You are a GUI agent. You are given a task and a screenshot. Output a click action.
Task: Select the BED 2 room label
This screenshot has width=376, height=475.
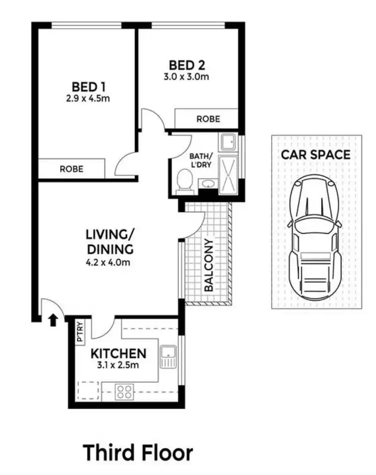[x=187, y=65]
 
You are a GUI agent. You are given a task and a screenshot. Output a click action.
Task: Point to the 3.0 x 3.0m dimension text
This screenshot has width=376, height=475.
[x=187, y=77]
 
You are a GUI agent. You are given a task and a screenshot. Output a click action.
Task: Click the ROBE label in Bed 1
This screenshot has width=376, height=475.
[x=72, y=169]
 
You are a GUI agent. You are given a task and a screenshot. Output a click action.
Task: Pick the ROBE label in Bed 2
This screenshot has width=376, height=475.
[x=208, y=119]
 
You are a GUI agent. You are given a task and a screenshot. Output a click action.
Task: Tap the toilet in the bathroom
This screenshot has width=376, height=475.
[x=185, y=181]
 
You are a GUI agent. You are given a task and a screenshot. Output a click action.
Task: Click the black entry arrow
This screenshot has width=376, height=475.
[x=53, y=320]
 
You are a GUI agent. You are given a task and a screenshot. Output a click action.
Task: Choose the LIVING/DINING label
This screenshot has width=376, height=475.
[x=110, y=242]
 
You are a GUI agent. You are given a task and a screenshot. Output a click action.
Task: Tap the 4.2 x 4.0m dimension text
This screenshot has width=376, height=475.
[x=110, y=262]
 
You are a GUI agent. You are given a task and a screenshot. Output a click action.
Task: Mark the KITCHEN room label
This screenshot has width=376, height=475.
[x=118, y=354]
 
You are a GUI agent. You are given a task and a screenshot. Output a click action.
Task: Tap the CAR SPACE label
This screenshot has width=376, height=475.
[x=315, y=154]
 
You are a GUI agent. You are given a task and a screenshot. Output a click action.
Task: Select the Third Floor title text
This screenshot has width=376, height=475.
[x=138, y=452]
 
